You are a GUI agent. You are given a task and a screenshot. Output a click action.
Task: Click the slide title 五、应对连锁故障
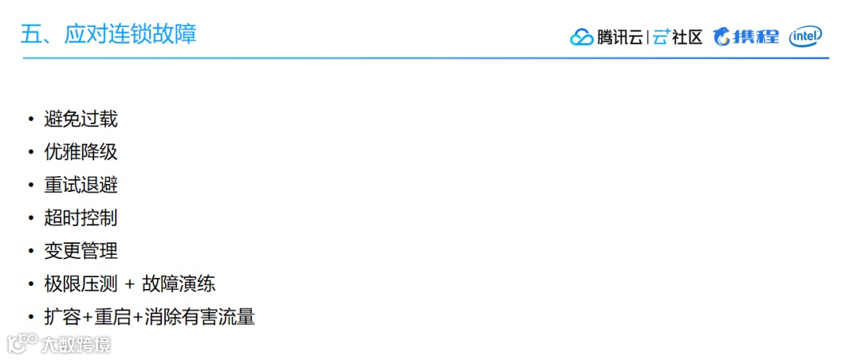pos(108,35)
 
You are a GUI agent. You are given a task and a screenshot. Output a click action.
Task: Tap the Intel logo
pos(806,36)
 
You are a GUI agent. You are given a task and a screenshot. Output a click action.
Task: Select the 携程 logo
pos(746,36)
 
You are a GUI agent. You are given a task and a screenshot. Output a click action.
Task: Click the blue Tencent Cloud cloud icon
pos(581,37)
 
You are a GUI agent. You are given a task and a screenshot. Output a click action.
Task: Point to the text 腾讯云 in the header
pos(619,37)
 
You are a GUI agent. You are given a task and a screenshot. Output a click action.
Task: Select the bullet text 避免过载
pos(81,119)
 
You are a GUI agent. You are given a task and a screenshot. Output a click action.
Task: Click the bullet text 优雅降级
pos(81,152)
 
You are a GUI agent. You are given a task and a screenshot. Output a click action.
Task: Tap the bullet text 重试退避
pos(81,186)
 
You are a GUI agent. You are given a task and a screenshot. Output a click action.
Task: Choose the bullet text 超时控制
pos(81,218)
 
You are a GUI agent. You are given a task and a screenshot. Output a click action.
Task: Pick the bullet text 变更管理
pos(81,251)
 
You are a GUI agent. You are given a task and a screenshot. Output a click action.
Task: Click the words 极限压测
pos(81,284)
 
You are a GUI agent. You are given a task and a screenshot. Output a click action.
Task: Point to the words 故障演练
pos(178,284)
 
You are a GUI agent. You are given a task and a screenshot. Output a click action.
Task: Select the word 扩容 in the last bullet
pos(63,317)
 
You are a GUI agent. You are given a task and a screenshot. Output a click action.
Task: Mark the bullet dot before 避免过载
pos(31,120)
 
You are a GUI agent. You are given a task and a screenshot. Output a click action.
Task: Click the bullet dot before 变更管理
pos(31,252)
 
